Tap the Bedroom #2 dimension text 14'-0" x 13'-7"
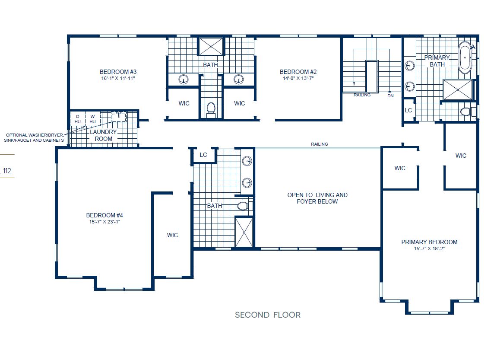pos(298,79)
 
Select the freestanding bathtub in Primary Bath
pos(465,57)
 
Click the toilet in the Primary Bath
pos(465,112)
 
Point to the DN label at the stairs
pos(390,96)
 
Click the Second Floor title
pos(268,315)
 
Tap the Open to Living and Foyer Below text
pos(317,198)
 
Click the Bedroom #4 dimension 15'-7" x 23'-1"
pos(107,222)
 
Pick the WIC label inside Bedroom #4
pos(173,235)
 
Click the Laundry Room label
pos(103,135)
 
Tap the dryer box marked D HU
pos(78,119)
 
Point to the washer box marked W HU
pos(92,119)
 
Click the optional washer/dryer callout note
pos(35,137)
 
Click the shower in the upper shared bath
pos(211,46)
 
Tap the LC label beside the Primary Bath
pos(408,111)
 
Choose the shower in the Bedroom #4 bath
pos(244,232)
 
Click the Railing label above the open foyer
pos(319,144)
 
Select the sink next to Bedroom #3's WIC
pos(184,80)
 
